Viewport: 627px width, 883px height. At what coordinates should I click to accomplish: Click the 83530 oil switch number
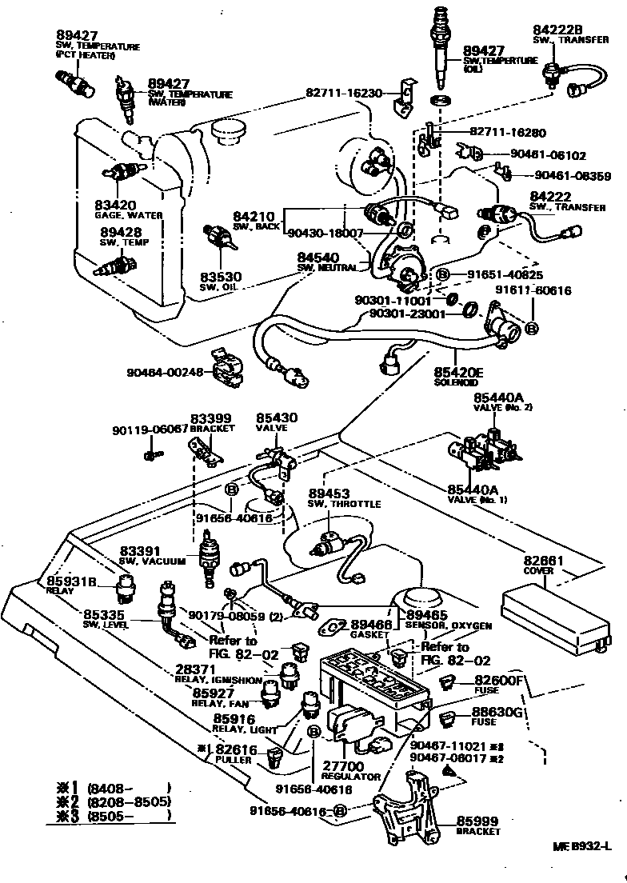click(x=221, y=277)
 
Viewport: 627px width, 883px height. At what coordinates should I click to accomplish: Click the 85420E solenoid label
click(x=460, y=371)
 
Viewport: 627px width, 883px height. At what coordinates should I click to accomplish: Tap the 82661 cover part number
click(x=545, y=561)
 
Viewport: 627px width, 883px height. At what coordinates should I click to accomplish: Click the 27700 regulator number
click(x=342, y=765)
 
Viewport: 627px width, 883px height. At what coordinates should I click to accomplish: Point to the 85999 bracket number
click(x=477, y=821)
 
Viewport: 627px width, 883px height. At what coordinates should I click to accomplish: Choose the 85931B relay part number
click(x=70, y=581)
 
